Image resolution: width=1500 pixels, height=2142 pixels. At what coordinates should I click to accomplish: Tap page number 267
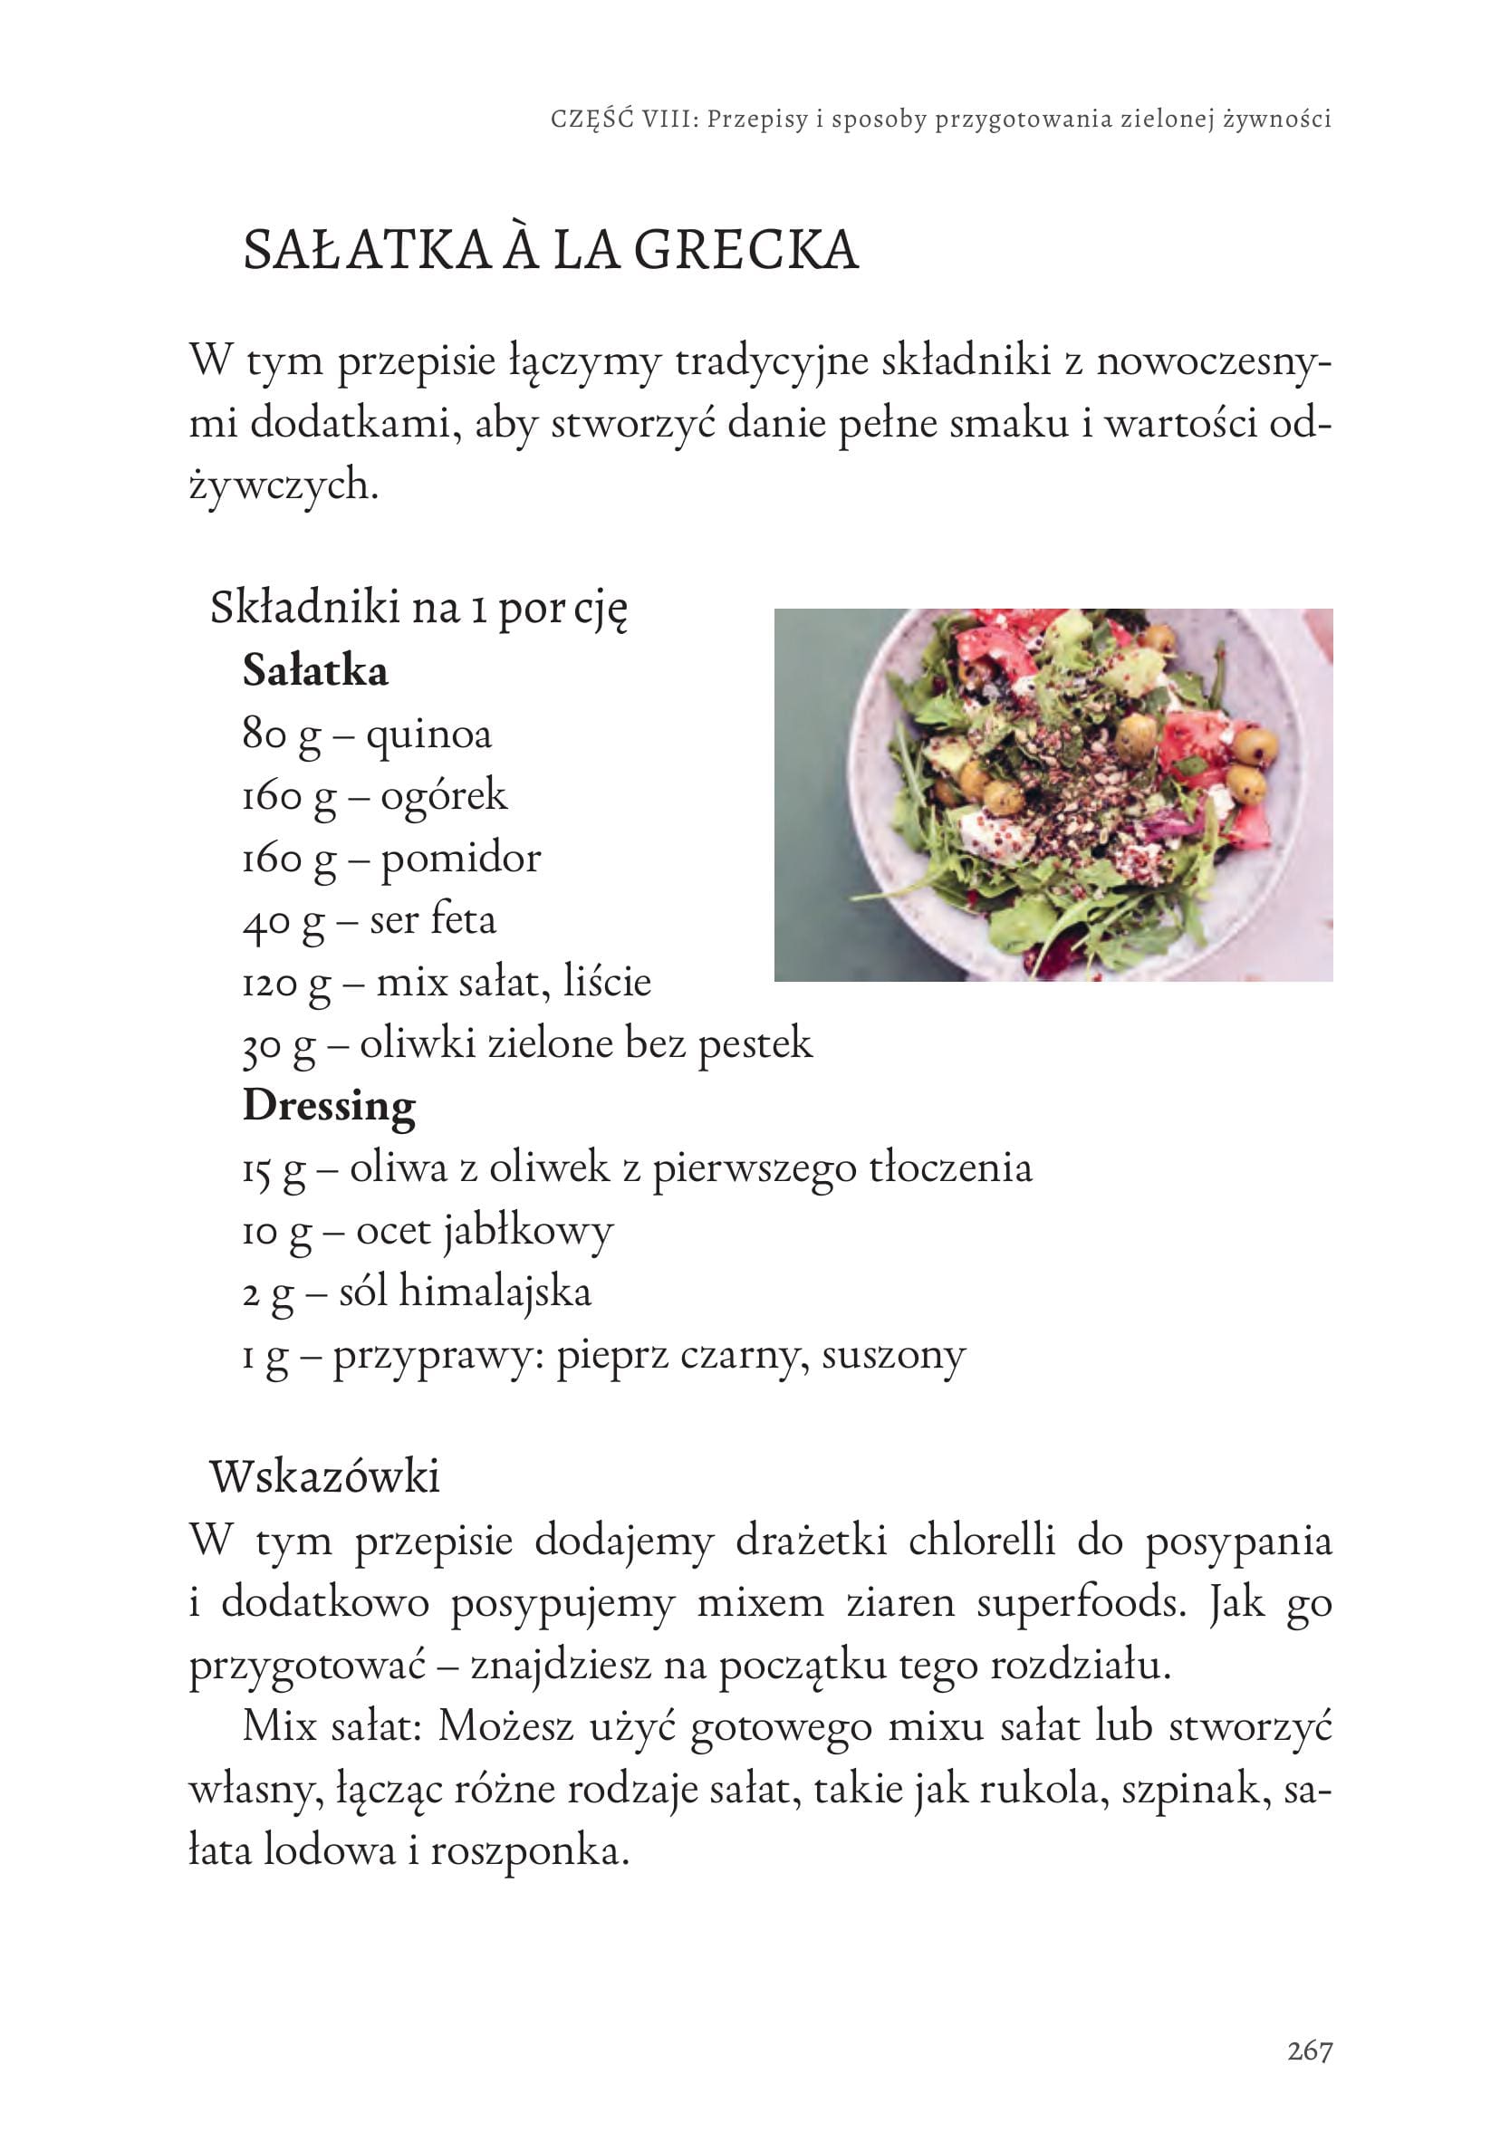click(x=1309, y=2051)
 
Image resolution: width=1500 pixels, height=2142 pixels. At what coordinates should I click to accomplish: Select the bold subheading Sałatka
click(x=315, y=672)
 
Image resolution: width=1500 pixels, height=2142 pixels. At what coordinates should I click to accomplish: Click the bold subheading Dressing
click(x=330, y=1107)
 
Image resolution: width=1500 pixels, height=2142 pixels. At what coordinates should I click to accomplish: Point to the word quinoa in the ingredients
click(x=428, y=735)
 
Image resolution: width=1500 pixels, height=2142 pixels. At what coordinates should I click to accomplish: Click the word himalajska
click(x=495, y=1293)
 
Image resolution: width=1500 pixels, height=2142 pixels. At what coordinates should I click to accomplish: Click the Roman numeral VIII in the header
click(x=669, y=120)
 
